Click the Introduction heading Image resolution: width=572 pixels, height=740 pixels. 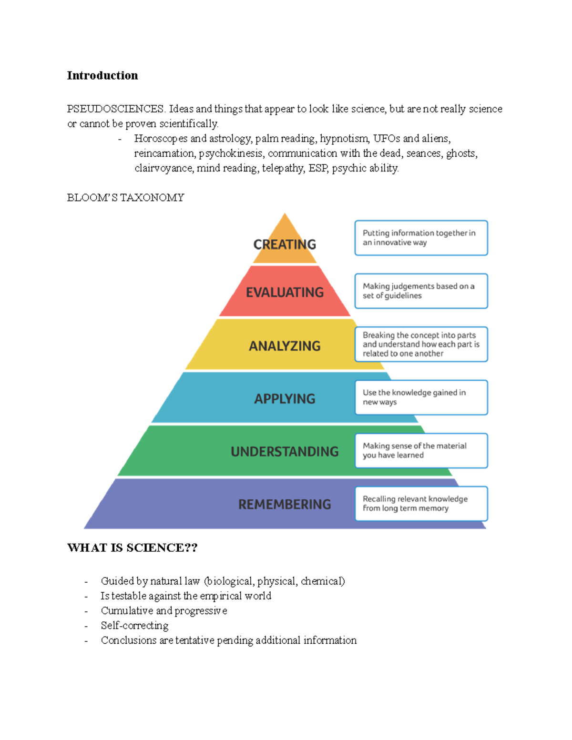[x=102, y=76]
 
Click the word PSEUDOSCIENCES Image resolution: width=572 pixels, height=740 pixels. [x=116, y=109]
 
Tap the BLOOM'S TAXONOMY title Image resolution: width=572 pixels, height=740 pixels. [x=125, y=198]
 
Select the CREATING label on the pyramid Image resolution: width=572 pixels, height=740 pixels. [x=285, y=244]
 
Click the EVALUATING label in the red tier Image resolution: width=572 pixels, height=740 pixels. [x=285, y=292]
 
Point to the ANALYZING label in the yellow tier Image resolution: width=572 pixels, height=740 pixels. [x=285, y=346]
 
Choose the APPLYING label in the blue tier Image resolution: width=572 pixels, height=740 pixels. [x=285, y=399]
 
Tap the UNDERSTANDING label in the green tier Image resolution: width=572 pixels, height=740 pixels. [x=285, y=452]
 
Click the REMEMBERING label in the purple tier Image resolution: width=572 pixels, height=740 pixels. [x=285, y=505]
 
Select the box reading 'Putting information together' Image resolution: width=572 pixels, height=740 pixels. [x=421, y=238]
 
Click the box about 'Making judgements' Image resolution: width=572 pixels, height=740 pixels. [x=421, y=291]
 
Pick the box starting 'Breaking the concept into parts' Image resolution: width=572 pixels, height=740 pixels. [x=421, y=344]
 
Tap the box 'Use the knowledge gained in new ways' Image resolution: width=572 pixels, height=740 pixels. [x=421, y=397]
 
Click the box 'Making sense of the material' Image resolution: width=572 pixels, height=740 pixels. [x=421, y=451]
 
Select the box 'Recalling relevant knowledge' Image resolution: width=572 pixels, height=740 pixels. [x=421, y=504]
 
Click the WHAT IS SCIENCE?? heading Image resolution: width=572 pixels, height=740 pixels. [x=132, y=548]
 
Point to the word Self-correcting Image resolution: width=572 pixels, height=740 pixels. [x=134, y=626]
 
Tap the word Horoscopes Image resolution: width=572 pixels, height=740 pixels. [x=161, y=139]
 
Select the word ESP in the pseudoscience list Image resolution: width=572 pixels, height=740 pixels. [x=318, y=168]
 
